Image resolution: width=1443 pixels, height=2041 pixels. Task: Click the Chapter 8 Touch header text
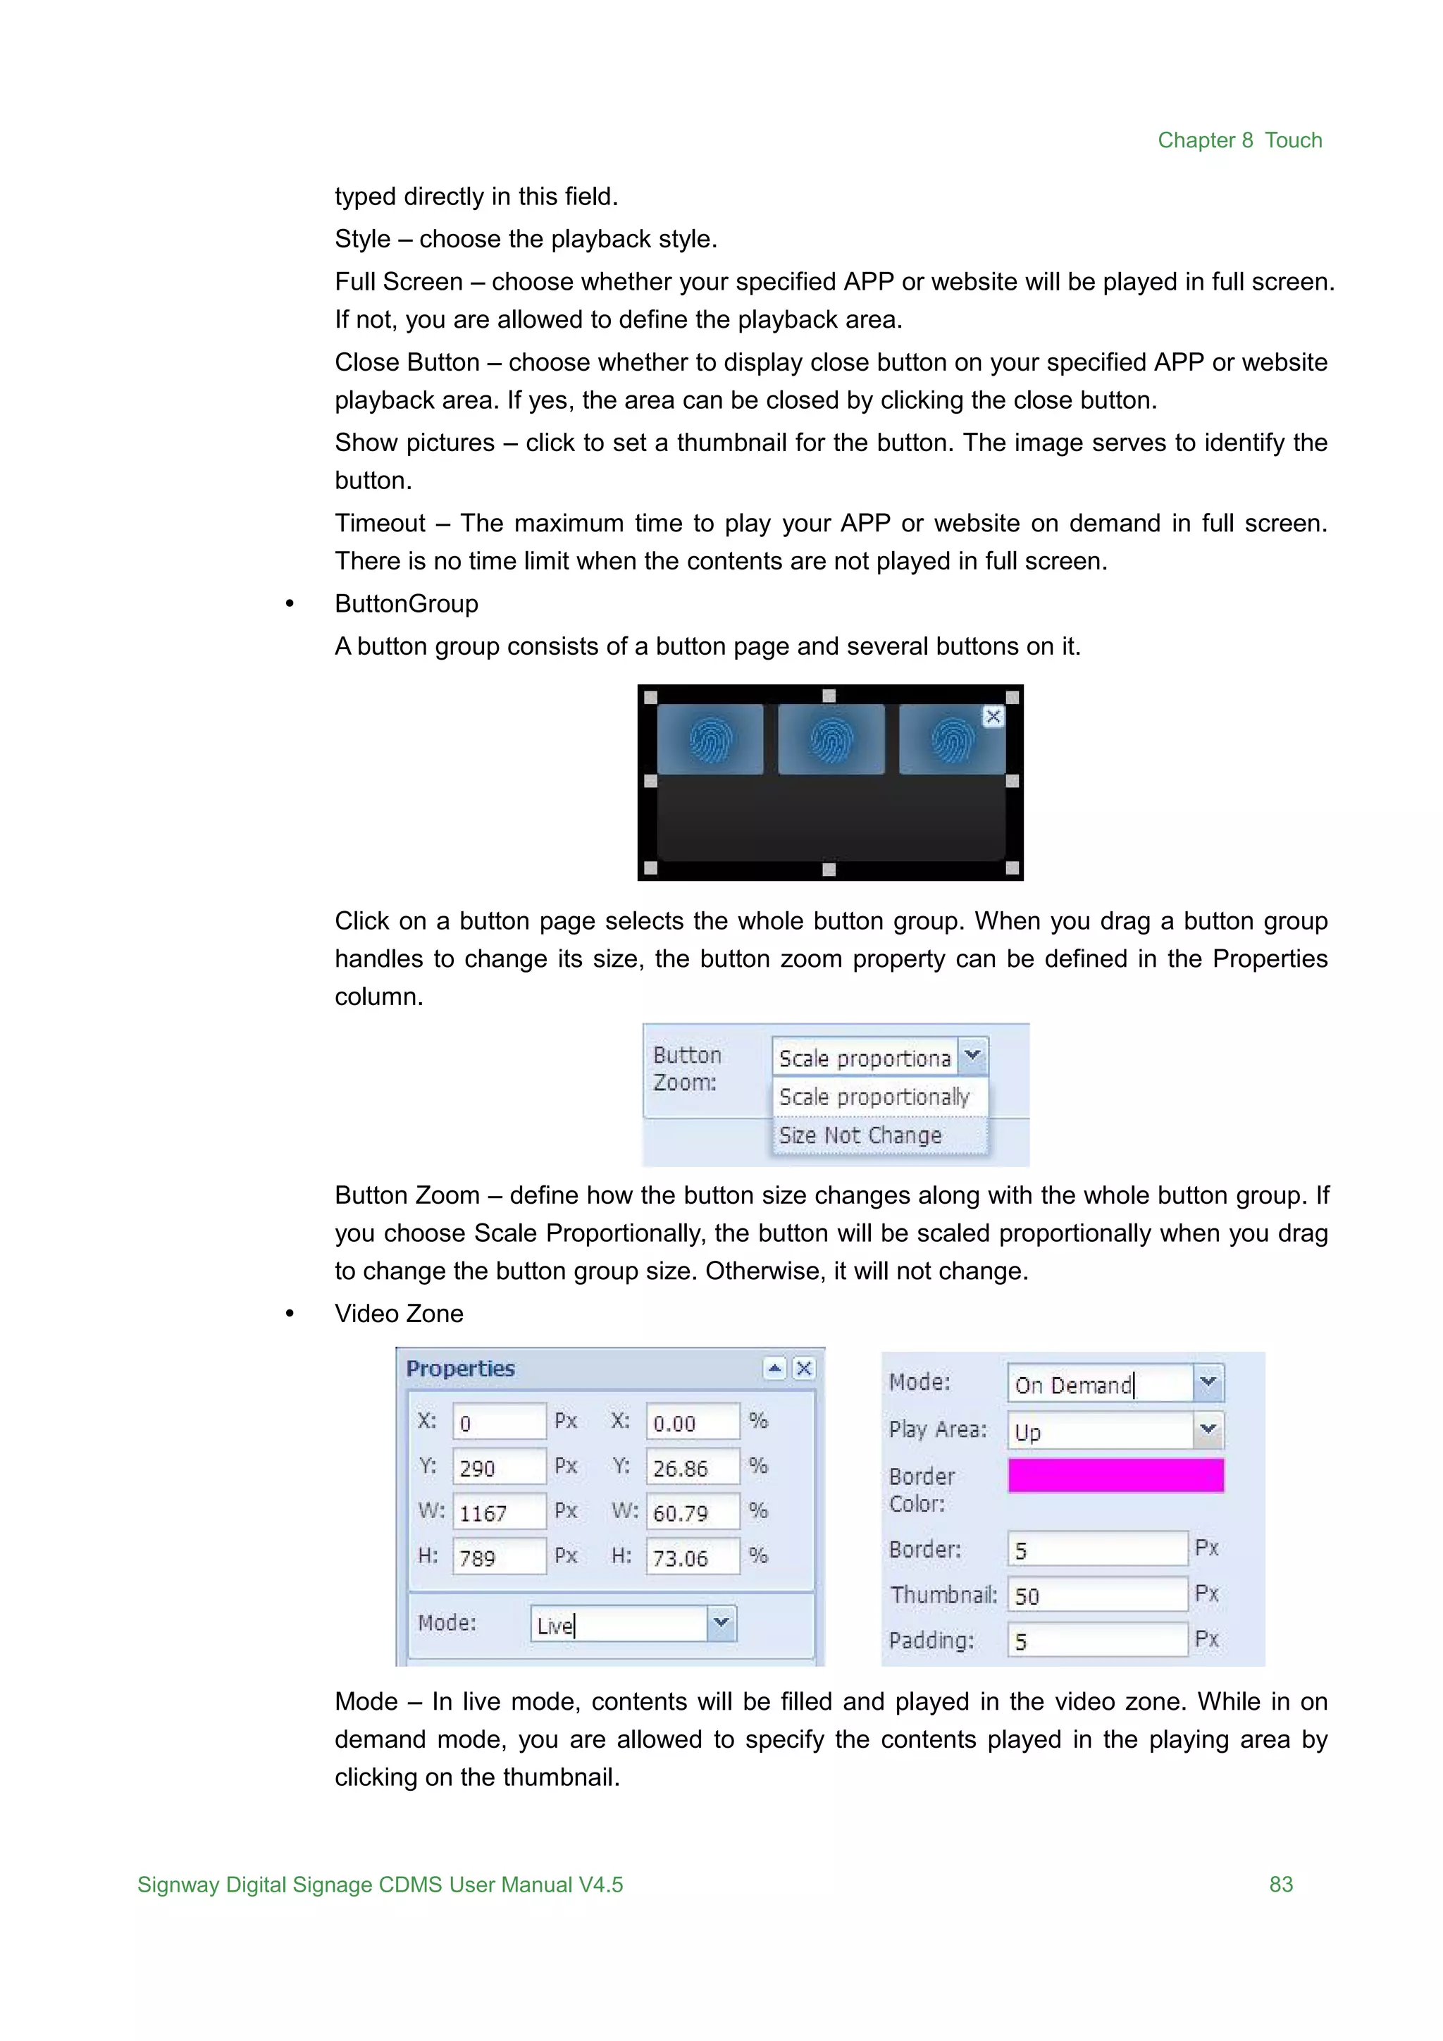click(1239, 140)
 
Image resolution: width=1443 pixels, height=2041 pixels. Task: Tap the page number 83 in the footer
click(1280, 1884)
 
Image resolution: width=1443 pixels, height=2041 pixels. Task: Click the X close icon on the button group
click(993, 717)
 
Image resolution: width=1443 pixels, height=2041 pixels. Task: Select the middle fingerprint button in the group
click(830, 739)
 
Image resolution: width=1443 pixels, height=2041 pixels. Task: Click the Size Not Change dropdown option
click(860, 1135)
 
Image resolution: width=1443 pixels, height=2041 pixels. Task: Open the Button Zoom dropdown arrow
click(973, 1055)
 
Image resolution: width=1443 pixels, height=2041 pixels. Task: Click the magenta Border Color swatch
click(1115, 1475)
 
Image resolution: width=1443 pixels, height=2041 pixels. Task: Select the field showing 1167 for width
click(498, 1512)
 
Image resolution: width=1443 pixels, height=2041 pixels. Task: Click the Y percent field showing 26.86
click(692, 1467)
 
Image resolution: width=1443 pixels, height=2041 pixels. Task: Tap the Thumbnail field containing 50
click(1096, 1596)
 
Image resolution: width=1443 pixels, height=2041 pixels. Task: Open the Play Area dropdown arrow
click(1208, 1430)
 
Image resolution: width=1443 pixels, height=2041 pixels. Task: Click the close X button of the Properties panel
click(803, 1368)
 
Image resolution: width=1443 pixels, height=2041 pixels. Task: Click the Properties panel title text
click(460, 1368)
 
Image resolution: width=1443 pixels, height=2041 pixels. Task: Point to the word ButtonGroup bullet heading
click(406, 603)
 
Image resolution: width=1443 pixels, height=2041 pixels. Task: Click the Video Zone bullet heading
click(399, 1313)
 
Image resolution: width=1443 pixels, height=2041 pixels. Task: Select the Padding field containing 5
click(1096, 1641)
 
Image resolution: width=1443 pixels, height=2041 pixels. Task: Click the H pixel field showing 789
click(498, 1558)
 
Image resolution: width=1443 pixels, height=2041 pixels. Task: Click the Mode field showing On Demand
click(1100, 1384)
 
